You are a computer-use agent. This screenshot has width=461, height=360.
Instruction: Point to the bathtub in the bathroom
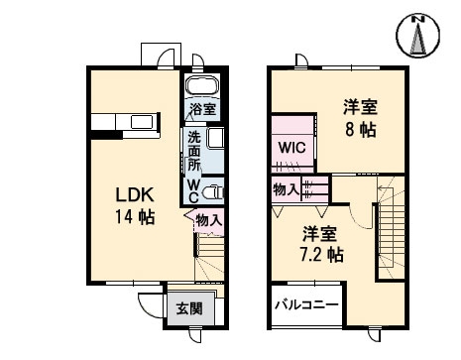pyautogui.click(x=203, y=87)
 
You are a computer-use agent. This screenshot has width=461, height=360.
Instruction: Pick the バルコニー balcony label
pyautogui.click(x=307, y=305)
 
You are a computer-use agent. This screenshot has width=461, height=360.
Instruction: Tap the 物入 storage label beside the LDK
pyautogui.click(x=208, y=220)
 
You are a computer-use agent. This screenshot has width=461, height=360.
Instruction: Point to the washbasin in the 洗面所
pyautogui.click(x=215, y=139)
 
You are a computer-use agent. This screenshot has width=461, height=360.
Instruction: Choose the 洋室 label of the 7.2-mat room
pyautogui.click(x=319, y=234)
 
